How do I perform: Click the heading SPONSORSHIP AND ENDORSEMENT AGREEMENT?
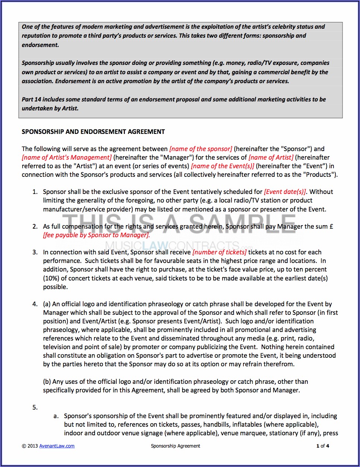93,132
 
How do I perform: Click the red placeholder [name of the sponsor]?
200,149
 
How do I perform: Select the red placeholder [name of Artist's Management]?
67,157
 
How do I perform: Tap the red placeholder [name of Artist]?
271,157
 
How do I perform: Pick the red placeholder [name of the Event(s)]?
222,166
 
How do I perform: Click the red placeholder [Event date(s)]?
285,192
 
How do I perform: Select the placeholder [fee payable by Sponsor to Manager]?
96,235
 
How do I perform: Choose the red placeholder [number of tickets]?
219,252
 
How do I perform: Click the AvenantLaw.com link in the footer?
57,446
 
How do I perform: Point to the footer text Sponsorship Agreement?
176,446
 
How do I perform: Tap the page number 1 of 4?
323,446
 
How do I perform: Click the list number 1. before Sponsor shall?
35,192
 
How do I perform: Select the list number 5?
35,407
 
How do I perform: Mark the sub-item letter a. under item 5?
56,416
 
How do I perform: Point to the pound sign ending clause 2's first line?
331,226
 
